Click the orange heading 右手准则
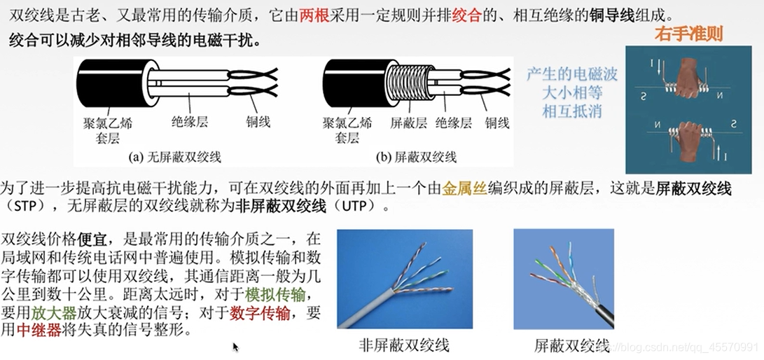click(x=688, y=34)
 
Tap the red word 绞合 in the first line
click(x=467, y=16)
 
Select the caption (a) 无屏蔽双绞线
click(x=174, y=157)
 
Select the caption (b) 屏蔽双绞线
click(x=416, y=157)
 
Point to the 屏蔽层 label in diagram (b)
click(x=408, y=123)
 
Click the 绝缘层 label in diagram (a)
click(x=190, y=122)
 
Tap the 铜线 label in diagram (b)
click(x=497, y=123)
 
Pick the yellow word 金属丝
click(x=464, y=188)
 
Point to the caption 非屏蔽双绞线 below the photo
click(x=404, y=345)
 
